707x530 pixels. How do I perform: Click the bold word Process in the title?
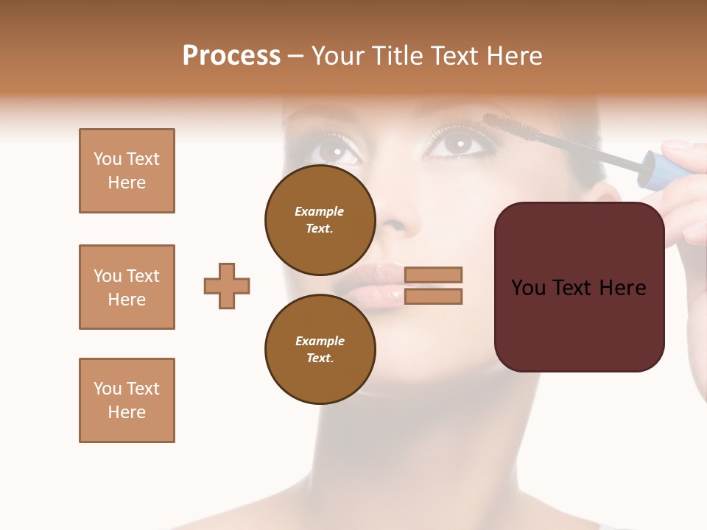pos(231,56)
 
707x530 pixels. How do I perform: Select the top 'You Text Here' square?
pos(127,171)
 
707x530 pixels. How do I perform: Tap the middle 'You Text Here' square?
pos(127,287)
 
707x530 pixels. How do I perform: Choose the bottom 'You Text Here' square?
pos(127,400)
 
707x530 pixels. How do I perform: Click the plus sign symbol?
pos(227,286)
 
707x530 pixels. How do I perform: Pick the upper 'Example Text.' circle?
pos(320,219)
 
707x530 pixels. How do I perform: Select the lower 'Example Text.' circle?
pos(320,349)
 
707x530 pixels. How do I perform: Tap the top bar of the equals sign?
pos(433,275)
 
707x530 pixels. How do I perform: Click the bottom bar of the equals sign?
pos(433,296)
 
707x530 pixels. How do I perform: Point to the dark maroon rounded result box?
pos(579,287)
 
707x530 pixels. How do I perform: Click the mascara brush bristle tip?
pos(501,125)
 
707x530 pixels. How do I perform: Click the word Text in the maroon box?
pos(574,287)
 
